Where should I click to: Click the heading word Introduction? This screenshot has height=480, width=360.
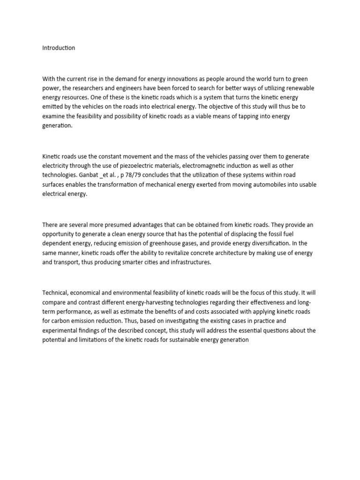[x=59, y=48]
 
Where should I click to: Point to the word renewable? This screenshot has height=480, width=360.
[x=299, y=88]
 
